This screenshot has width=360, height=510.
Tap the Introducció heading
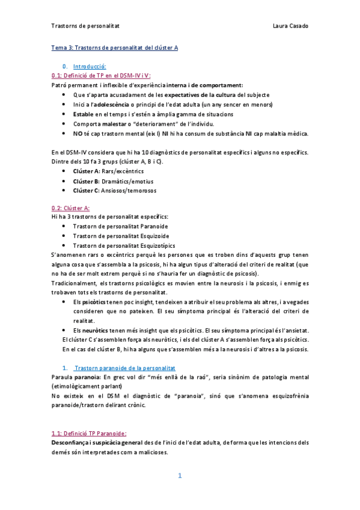pyautogui.click(x=90, y=66)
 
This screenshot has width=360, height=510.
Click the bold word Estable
pyautogui.click(x=83, y=114)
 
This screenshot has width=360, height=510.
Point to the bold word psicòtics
pyautogui.click(x=94, y=301)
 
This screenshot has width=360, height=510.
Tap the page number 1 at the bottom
pyautogui.click(x=180, y=476)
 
